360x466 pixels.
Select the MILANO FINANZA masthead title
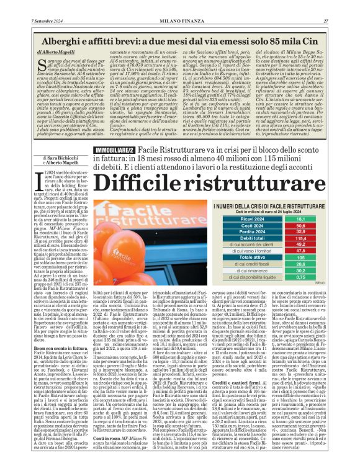[179, 4]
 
